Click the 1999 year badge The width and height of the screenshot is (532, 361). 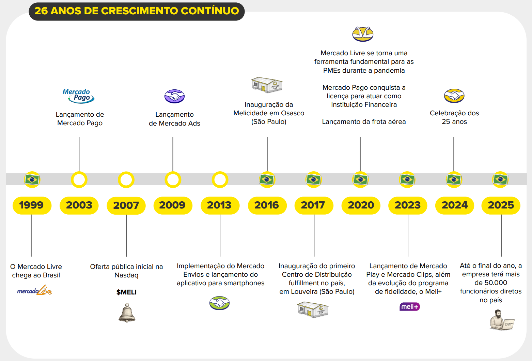tap(32, 205)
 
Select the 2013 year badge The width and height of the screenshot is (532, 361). tap(220, 205)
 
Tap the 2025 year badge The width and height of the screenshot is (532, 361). tap(501, 205)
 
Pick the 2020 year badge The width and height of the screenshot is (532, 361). tap(361, 205)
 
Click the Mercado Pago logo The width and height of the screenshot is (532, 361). tap(78, 96)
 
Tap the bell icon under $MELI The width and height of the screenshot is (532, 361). tap(127, 313)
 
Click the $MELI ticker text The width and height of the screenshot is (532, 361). tap(126, 292)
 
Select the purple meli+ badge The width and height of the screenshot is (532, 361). tap(409, 307)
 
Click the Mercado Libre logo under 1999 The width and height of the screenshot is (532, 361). tap(35, 291)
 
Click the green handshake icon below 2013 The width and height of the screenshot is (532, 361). tap(219, 303)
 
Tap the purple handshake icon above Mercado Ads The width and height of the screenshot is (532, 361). tap(174, 97)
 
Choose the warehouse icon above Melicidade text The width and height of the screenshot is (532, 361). tap(267, 85)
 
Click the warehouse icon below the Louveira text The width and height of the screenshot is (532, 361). tap(313, 309)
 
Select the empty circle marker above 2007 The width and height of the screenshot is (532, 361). tap(126, 180)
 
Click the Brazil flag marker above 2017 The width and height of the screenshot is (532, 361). tap(313, 179)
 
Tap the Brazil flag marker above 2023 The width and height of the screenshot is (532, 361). tap(407, 179)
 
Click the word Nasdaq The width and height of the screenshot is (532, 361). tap(126, 275)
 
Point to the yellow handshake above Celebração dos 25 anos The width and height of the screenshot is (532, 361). tap(454, 96)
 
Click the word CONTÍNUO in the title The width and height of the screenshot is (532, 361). tap(210, 11)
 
